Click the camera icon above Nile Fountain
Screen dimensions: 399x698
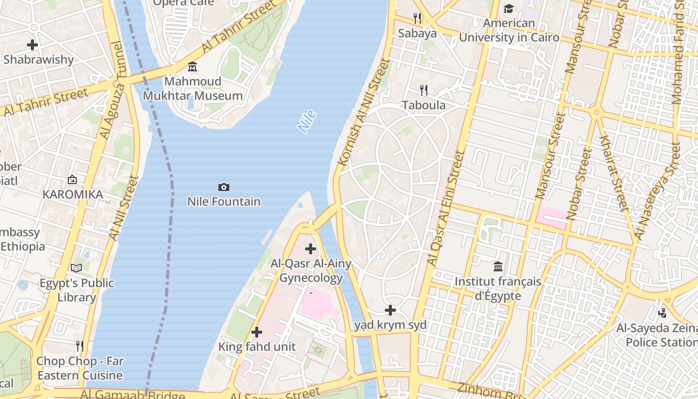click(x=224, y=188)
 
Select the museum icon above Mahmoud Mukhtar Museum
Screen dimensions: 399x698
click(x=192, y=67)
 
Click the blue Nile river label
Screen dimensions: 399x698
click(x=307, y=122)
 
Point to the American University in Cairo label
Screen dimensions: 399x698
click(x=509, y=30)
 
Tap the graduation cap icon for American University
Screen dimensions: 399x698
click(x=509, y=8)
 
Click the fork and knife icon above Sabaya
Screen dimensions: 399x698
click(x=417, y=18)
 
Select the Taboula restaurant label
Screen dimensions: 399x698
click(x=423, y=105)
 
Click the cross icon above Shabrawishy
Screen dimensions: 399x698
click(x=32, y=45)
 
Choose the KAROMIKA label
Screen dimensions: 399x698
click(x=73, y=195)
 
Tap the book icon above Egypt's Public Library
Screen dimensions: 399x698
click(x=76, y=268)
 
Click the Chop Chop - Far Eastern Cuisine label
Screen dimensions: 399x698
click(x=80, y=368)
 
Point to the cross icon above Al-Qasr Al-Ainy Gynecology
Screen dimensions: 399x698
click(x=311, y=248)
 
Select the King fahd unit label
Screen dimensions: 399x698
click(x=257, y=347)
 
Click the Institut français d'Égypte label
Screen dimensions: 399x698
click(x=498, y=289)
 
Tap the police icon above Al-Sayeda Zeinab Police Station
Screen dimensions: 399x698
click(x=662, y=313)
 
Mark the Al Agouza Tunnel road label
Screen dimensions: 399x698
click(x=111, y=90)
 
